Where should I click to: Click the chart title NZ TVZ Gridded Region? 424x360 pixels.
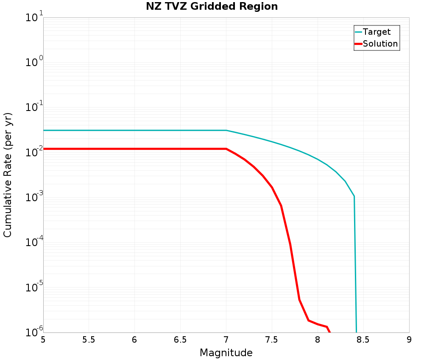[x=212, y=7]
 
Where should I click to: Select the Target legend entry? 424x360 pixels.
[x=377, y=32]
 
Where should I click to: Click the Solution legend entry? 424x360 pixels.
[x=380, y=44]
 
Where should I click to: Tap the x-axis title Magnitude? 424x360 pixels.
[x=226, y=353]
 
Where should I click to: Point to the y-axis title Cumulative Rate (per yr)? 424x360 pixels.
[x=8, y=175]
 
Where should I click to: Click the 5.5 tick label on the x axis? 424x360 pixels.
[x=89, y=340]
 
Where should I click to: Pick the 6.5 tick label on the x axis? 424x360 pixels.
[x=180, y=340]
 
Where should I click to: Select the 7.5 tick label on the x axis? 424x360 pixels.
[x=272, y=340]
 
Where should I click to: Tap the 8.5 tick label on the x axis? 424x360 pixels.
[x=363, y=340]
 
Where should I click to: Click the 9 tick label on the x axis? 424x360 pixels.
[x=409, y=340]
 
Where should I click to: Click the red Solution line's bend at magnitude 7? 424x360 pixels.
[x=226, y=149]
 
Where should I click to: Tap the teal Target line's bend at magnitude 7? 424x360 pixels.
[x=226, y=130]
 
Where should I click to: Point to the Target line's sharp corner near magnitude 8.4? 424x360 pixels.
[x=354, y=197]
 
